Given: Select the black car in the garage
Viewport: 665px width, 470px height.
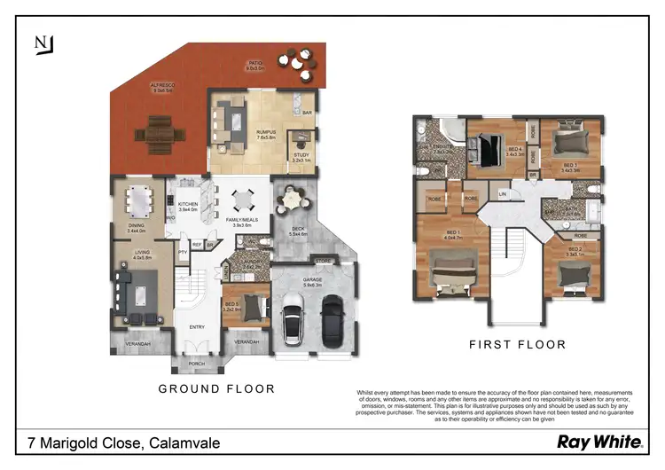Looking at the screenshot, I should point(332,323).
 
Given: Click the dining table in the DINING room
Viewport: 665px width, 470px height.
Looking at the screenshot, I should point(138,201).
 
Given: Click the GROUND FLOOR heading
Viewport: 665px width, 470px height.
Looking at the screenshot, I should point(216,388).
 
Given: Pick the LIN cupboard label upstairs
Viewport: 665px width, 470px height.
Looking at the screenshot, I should point(503,194).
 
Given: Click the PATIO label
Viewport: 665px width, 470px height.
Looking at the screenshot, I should point(255,63).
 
